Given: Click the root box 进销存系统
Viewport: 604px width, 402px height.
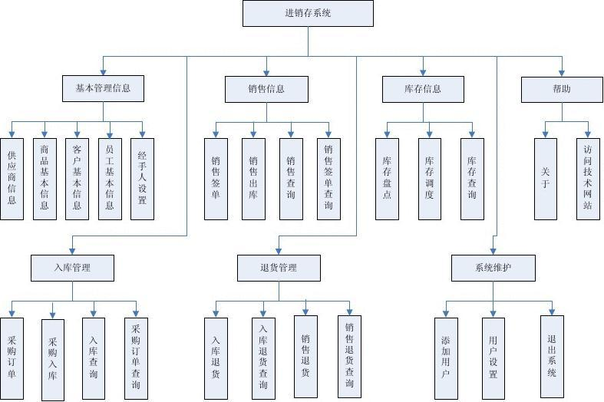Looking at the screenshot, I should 309,13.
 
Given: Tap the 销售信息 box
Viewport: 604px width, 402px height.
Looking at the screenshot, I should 266,88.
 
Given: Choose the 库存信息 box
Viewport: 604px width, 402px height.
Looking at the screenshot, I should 423,88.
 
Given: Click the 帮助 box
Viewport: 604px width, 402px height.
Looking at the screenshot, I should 562,88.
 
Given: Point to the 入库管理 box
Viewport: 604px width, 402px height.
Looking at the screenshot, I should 72,268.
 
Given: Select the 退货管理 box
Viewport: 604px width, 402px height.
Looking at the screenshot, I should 278,268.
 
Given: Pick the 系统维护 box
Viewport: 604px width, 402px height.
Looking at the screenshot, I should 493,268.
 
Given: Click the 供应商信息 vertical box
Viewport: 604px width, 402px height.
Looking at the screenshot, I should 12,178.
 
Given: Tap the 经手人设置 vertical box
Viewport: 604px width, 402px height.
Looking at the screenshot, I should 142,178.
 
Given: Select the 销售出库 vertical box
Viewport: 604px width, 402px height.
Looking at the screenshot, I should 253,178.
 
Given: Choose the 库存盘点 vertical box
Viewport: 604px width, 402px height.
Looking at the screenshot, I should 387,178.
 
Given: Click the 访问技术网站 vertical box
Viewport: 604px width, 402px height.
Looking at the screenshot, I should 588,178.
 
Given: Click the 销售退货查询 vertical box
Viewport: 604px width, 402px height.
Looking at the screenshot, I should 349,357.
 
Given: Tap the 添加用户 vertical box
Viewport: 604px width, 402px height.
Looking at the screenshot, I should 446,358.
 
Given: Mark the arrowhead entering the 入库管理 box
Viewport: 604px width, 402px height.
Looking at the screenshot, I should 72,251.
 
